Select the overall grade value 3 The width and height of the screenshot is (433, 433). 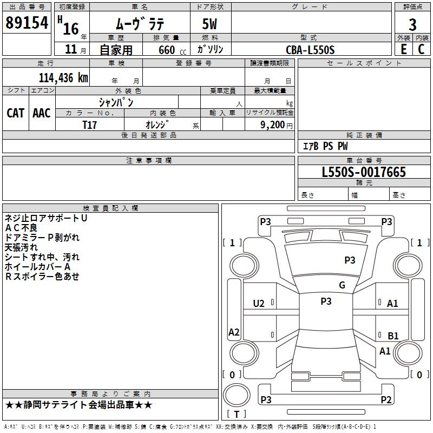pos(412,24)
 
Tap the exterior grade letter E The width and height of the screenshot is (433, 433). pos(403,49)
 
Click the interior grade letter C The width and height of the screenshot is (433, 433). pos(422,49)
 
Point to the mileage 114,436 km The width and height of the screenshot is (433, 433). pos(63,77)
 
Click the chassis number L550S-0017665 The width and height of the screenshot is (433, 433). pos(364,173)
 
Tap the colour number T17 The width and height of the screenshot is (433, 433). pos(90,124)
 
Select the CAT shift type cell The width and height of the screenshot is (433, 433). pos(16,113)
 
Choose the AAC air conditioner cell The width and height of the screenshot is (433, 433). pos(42,113)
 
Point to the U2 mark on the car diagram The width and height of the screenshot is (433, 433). pos(259,304)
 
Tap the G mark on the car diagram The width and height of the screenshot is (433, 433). pos(342,285)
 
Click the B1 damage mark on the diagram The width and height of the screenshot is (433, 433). pos(393,336)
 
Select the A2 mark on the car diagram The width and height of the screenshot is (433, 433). pos(234,332)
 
